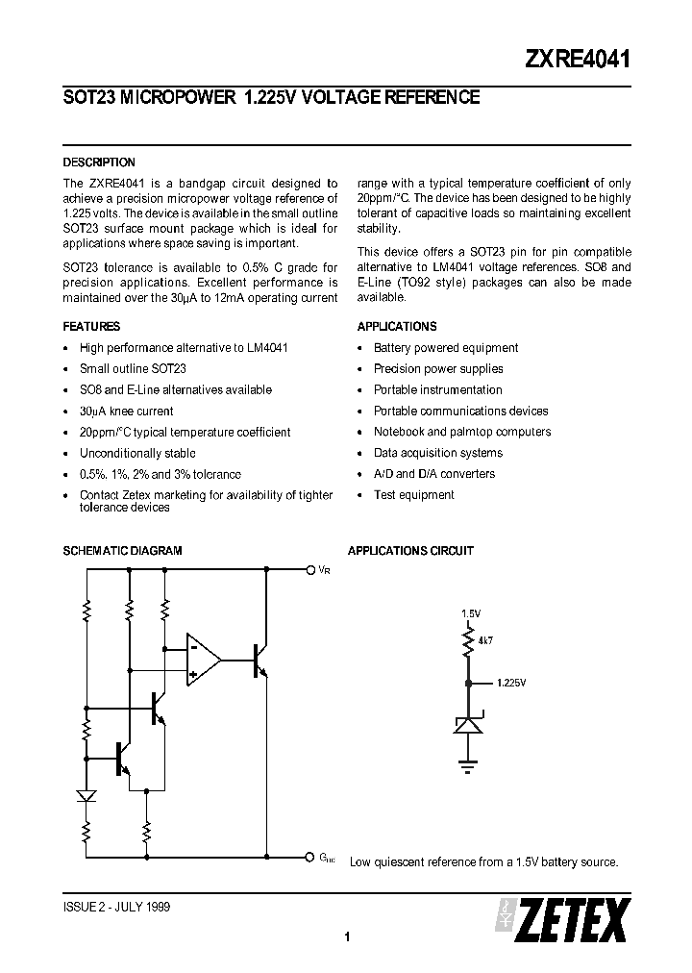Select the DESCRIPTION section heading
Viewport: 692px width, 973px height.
tap(99, 162)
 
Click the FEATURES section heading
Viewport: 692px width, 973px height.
tap(91, 326)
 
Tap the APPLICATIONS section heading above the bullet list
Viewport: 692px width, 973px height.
tap(397, 326)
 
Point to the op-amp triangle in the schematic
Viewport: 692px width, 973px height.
tap(201, 660)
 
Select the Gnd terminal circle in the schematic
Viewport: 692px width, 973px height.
tap(309, 856)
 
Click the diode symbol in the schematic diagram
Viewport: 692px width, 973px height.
tap(86, 796)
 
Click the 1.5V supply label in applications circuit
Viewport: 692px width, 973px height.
tap(470, 612)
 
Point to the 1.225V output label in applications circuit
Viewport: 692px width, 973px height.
tap(511, 684)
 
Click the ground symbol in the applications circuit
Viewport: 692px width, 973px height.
tap(468, 767)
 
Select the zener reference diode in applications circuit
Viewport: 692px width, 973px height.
tap(468, 723)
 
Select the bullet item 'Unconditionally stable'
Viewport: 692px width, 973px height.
tap(137, 453)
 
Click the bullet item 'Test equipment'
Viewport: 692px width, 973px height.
tap(413, 495)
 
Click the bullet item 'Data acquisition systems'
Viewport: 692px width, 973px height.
tap(437, 453)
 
